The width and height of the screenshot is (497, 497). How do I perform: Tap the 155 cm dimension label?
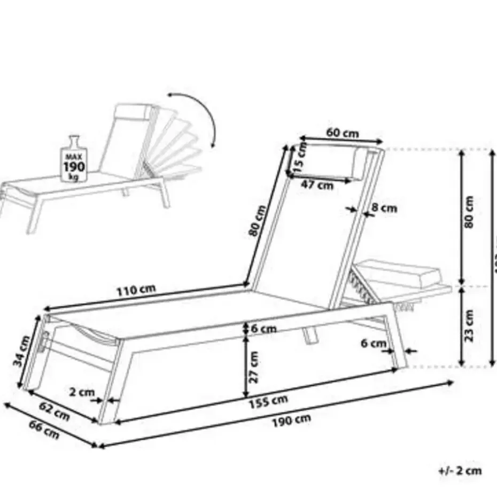269,400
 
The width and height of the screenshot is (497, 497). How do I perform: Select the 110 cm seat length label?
137,290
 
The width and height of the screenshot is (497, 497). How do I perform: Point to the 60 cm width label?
342,133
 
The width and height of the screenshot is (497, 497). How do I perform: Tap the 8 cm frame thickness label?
385,208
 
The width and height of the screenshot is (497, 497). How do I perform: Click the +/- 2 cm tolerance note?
460,471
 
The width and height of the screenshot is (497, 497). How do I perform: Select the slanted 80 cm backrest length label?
257,221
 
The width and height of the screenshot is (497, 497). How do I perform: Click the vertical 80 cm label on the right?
469,212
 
